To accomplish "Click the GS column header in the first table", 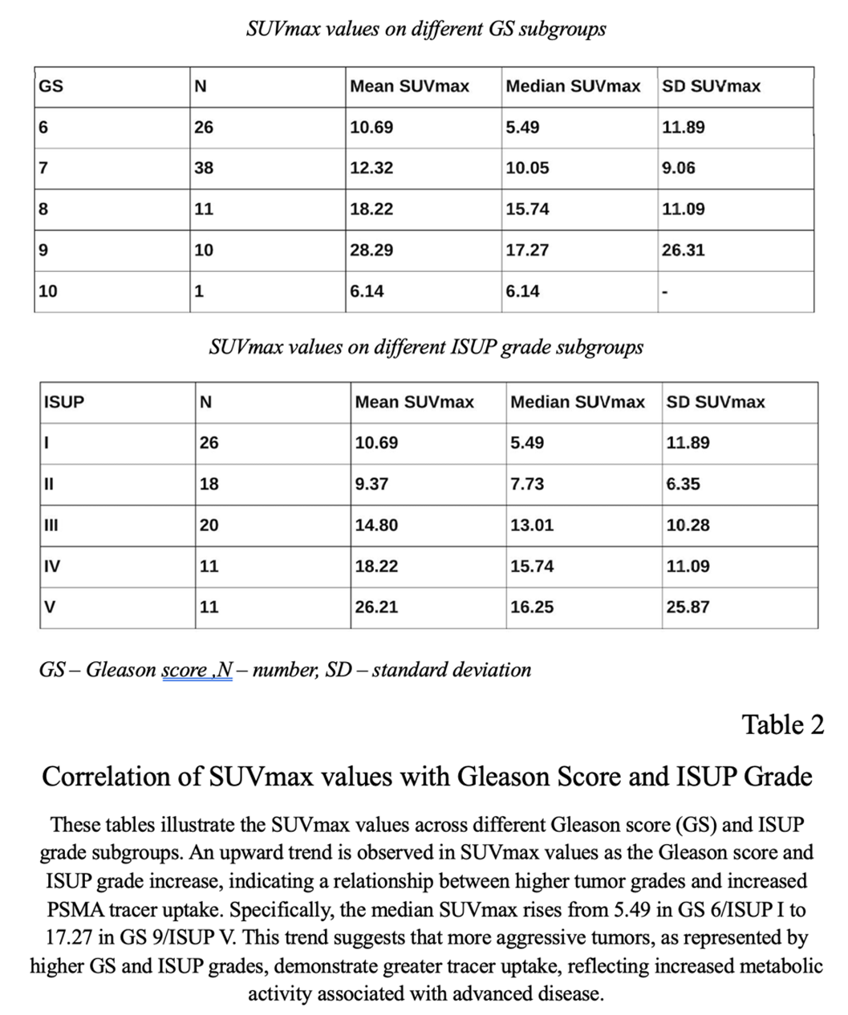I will tap(51, 87).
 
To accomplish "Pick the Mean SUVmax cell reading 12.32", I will tap(371, 168).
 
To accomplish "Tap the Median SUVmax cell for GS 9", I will tap(527, 250).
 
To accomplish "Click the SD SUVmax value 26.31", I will tap(683, 250).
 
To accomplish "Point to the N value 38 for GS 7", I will tap(204, 168).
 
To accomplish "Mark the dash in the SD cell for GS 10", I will tap(664, 292).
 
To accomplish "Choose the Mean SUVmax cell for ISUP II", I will tap(371, 485).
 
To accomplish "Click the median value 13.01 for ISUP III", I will tap(532, 526).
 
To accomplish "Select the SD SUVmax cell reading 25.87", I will tap(688, 607).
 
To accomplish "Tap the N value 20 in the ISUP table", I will tap(209, 526).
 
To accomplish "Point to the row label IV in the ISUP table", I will tap(51, 566).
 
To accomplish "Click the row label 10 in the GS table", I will tap(48, 291).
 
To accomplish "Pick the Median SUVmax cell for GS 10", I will tap(522, 291).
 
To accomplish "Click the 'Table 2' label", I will tap(782, 725).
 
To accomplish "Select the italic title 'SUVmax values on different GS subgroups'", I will tap(426, 30).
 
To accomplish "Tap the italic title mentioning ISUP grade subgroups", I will tap(426, 347).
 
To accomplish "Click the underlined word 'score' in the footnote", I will tap(185, 670).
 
